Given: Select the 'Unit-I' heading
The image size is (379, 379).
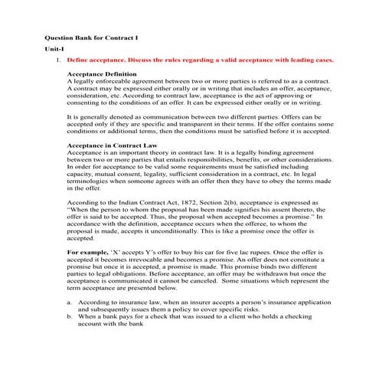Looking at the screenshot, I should [x=53, y=47].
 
